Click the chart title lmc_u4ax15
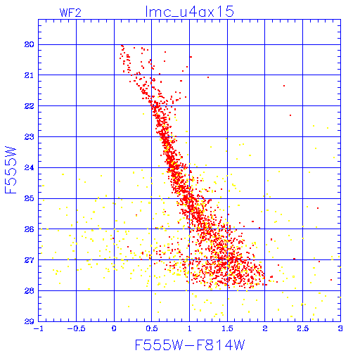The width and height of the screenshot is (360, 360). click(x=189, y=12)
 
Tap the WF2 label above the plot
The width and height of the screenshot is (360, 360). click(x=70, y=13)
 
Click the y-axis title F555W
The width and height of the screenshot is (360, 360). click(x=11, y=170)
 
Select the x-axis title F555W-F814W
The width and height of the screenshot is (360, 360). click(x=190, y=345)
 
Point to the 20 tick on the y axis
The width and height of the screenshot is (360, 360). click(x=29, y=44)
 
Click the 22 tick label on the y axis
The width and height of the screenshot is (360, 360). click(x=29, y=106)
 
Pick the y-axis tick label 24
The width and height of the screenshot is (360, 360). click(x=29, y=167)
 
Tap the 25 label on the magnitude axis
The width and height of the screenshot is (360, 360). click(x=29, y=198)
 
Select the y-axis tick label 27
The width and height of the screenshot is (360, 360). click(x=29, y=260)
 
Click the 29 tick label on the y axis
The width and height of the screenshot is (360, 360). click(x=29, y=321)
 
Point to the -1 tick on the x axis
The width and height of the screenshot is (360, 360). click(x=39, y=328)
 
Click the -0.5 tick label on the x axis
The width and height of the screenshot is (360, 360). click(x=76, y=328)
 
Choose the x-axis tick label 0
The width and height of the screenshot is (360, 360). click(x=114, y=328)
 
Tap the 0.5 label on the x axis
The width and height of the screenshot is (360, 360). click(x=152, y=328)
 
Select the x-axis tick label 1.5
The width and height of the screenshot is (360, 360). click(x=227, y=328)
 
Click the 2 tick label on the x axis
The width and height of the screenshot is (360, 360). click(x=265, y=328)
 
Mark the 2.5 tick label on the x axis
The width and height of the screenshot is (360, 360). click(x=303, y=328)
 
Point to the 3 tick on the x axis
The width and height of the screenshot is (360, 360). click(x=340, y=328)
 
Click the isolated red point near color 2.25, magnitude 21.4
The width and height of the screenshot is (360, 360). click(x=284, y=86)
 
